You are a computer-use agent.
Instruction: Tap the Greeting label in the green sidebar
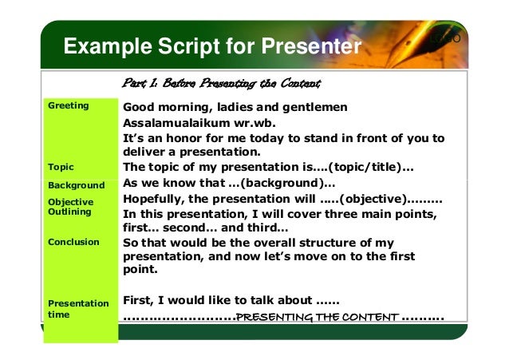(x=69, y=105)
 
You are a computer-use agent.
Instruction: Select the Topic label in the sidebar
(x=61, y=167)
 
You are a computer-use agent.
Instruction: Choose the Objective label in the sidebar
(x=71, y=202)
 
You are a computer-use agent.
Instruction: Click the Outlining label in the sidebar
(x=70, y=212)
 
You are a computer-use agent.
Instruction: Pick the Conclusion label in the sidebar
(x=73, y=241)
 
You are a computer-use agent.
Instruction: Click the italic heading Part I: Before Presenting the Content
(x=221, y=83)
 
